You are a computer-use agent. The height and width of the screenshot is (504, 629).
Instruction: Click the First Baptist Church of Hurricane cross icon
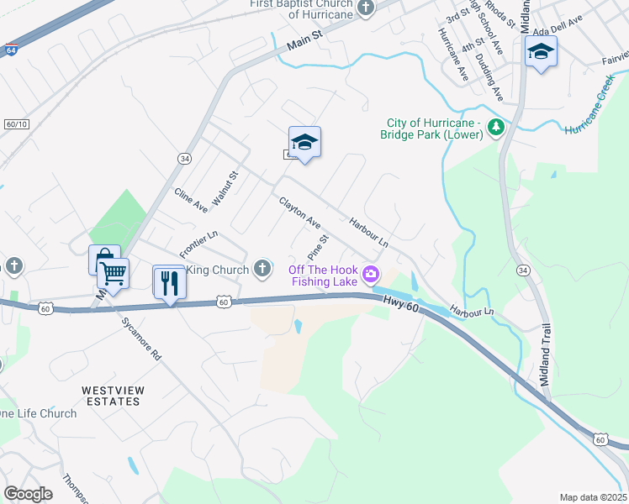pos(365,8)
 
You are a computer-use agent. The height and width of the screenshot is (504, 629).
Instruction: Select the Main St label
pos(304,49)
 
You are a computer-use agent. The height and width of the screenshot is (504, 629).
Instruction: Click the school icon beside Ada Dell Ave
pos(541,52)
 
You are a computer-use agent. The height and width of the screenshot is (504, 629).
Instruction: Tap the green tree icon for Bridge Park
pos(496,128)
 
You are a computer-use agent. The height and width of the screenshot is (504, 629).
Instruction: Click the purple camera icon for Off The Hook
pos(370,274)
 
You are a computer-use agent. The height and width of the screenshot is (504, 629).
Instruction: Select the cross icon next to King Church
pos(262,270)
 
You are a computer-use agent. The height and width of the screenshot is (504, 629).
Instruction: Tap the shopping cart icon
pos(113,272)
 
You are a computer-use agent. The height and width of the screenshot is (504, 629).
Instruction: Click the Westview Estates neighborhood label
pos(110,396)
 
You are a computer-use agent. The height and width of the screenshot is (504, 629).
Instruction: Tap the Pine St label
pos(317,248)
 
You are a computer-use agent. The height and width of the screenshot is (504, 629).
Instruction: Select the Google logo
pos(28,494)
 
